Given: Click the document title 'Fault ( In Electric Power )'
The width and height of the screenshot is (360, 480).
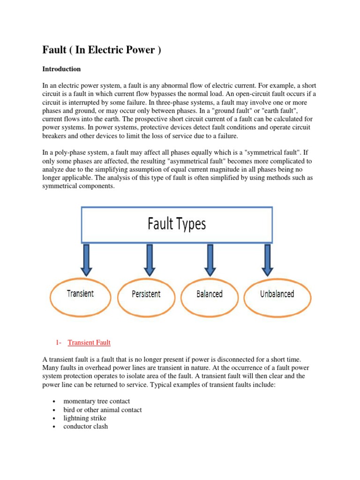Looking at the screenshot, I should coord(102,50).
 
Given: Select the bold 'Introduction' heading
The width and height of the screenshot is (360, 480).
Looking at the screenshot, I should coord(61,69).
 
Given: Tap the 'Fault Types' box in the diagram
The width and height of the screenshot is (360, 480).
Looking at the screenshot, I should coord(177,224).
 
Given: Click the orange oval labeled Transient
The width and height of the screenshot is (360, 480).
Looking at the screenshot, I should coord(80,294).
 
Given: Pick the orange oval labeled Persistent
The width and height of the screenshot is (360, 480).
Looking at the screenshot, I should coord(146,294).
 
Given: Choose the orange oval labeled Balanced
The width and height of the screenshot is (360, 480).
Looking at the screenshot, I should coord(209,294).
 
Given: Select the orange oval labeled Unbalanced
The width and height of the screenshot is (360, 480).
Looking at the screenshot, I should coord(277,294).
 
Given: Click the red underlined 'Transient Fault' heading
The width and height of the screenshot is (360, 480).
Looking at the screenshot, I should coord(89,343).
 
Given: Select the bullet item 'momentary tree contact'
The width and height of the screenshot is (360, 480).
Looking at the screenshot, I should coord(97,401).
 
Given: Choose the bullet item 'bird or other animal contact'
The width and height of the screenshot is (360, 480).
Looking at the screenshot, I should coord(102,410).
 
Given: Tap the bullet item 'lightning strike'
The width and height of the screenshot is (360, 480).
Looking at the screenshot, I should coord(84,418).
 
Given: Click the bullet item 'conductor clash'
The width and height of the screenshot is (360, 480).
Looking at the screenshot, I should coord(85,427).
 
